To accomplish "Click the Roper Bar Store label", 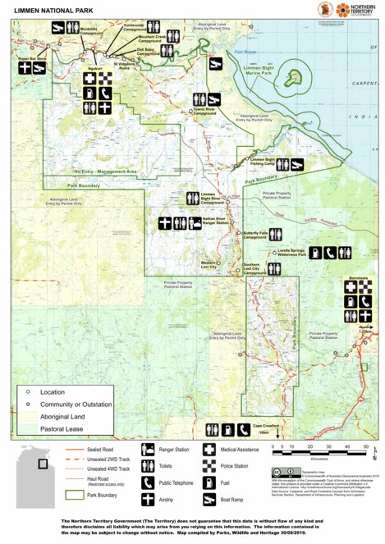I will pos(33,59).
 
